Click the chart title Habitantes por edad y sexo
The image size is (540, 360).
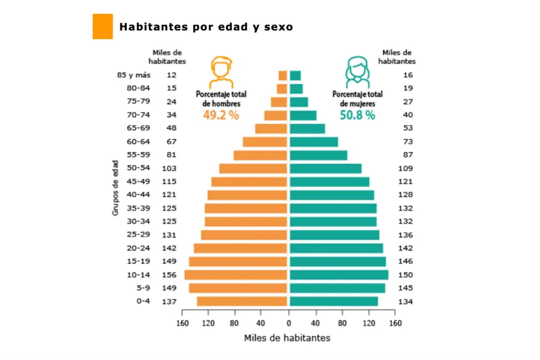(x=206, y=27)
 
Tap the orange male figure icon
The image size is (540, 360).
(x=221, y=73)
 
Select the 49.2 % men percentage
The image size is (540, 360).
(x=221, y=115)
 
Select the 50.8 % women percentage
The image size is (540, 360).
(x=357, y=115)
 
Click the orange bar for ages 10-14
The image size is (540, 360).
(x=236, y=275)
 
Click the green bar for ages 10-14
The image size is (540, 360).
(x=339, y=275)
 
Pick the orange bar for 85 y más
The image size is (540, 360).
(x=283, y=75)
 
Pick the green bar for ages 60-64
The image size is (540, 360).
(x=314, y=142)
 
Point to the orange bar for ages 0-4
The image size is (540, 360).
(x=242, y=301)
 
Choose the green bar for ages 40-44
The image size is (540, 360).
(x=332, y=195)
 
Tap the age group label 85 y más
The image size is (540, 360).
(x=134, y=75)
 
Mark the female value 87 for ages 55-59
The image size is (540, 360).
(x=408, y=155)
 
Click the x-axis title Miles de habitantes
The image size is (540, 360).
(x=287, y=338)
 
